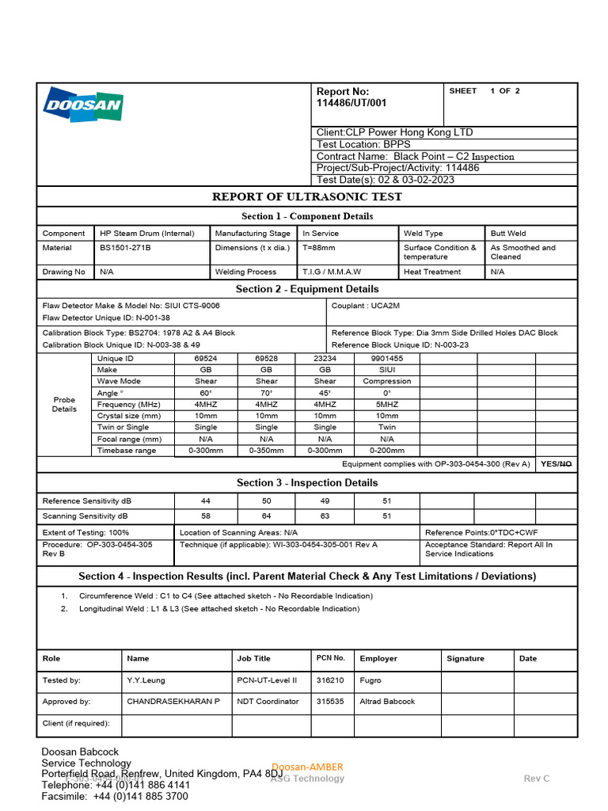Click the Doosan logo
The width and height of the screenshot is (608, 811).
pos(83,105)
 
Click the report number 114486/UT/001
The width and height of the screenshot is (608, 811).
pos(351,103)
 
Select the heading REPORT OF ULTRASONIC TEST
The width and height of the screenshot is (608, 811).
pos(306,196)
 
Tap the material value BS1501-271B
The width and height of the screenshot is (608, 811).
pos(125,248)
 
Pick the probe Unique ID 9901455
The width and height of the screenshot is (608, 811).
pos(386,359)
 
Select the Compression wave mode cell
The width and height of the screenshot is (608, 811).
pos(386,382)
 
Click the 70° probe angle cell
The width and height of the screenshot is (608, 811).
pos(266,393)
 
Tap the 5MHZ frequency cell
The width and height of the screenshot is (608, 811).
pos(386,405)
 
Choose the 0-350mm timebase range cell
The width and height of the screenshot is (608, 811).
pos(266,451)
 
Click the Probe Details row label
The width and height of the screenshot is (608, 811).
pos(64,405)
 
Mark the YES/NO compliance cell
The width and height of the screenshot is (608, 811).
pos(555,464)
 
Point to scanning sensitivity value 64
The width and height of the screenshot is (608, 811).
pos(266,516)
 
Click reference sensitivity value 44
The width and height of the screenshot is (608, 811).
pos(206,501)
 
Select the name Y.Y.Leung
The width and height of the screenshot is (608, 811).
pos(146,680)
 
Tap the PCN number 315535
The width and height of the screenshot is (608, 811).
pos(330,702)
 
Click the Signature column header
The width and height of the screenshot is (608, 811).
pos(465,659)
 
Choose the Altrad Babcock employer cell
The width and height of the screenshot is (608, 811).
pos(387,702)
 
